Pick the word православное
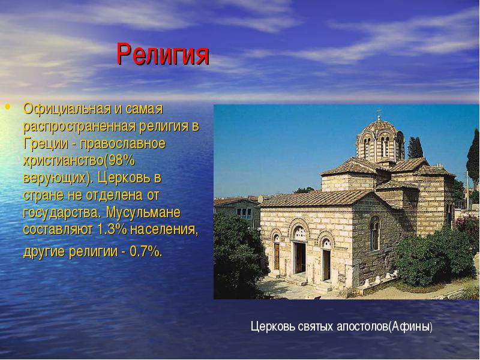123,144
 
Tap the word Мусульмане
143,212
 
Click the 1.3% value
112,229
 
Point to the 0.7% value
144,251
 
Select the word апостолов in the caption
362,327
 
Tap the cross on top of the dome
379,113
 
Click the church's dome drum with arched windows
380,143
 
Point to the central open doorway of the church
300,257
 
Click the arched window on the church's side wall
374,233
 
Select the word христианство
64,161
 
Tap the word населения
164,230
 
